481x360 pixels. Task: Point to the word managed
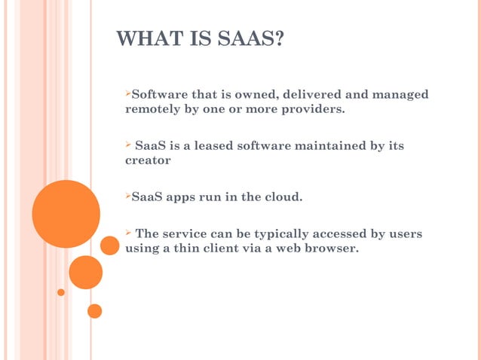pos(399,94)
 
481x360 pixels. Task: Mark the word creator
pos(147,160)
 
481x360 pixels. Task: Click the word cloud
pos(281,198)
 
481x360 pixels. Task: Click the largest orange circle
pos(66,214)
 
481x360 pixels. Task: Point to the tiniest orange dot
pos(61,292)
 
